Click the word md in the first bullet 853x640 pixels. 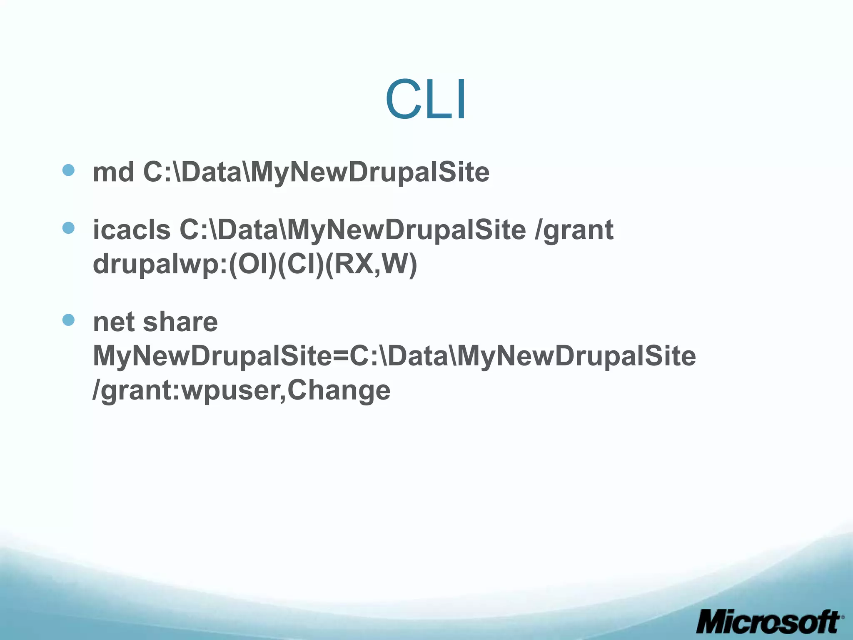click(113, 172)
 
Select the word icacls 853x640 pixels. click(132, 230)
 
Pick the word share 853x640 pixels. click(180, 322)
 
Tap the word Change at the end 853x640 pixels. click(339, 391)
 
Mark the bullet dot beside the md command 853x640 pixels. click(68, 170)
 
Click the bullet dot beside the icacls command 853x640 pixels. click(68, 228)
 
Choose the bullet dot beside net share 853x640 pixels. click(68, 320)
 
